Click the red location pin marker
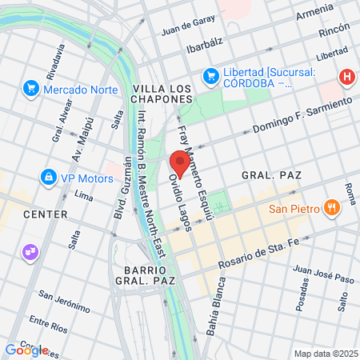coord(179,164)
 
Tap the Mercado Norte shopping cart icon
coord(31,87)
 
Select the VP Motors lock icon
coord(49,175)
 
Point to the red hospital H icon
coord(346,77)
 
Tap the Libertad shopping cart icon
coord(211,75)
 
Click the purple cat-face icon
coord(30,252)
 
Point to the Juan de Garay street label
coord(188,29)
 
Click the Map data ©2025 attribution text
coord(326,354)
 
